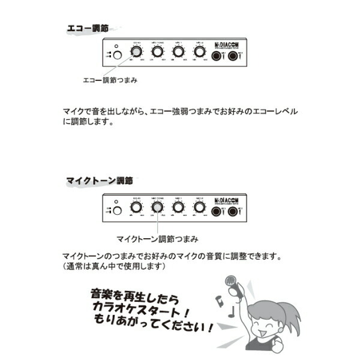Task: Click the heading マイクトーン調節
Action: click(99, 180)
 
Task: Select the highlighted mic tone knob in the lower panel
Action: click(157, 208)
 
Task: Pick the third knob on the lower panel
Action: click(178, 208)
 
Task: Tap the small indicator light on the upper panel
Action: click(116, 46)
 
